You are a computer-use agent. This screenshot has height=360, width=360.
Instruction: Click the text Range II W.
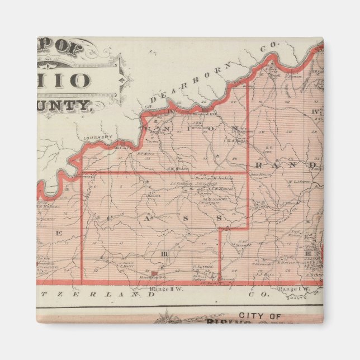[162, 288]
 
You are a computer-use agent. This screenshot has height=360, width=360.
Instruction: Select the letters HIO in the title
[71, 79]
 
